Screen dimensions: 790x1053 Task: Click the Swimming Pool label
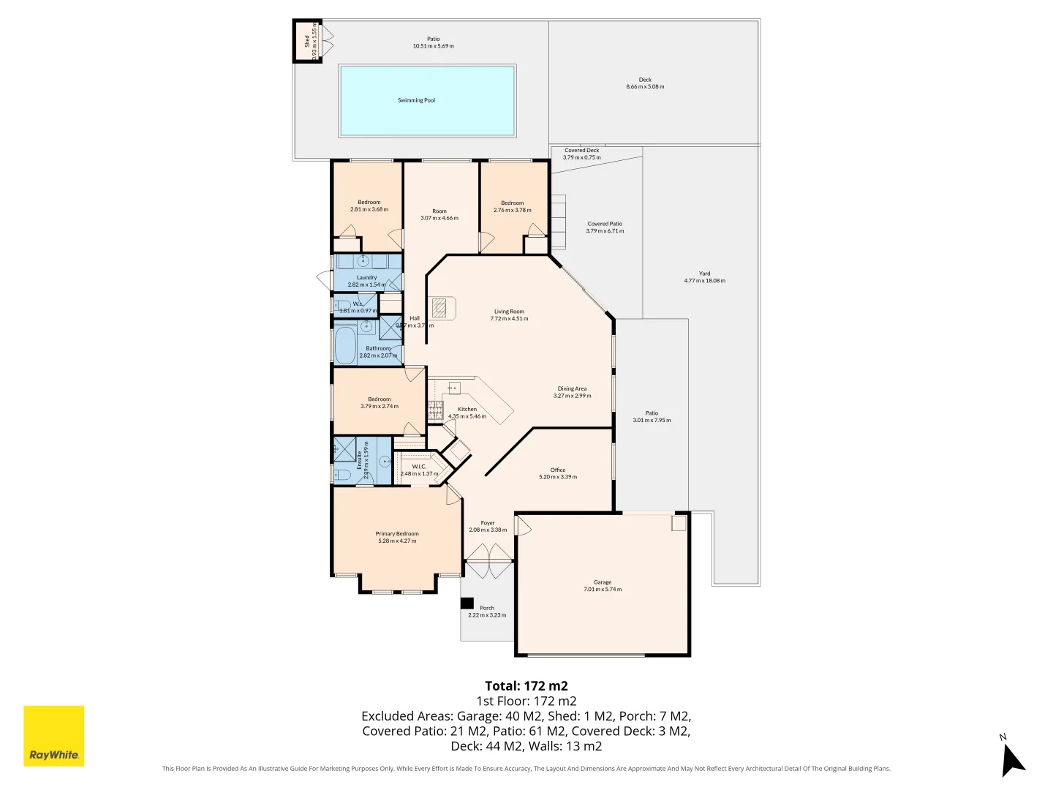click(x=416, y=100)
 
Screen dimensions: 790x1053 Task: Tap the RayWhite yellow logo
click(x=54, y=735)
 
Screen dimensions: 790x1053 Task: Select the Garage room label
click(x=603, y=582)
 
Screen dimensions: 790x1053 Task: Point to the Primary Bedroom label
click(x=397, y=534)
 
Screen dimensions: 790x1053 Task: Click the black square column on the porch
click(x=467, y=603)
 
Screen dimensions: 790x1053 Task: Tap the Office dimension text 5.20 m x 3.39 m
click(x=558, y=477)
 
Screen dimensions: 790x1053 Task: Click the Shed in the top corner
click(x=307, y=42)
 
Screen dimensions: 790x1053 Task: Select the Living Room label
click(x=509, y=312)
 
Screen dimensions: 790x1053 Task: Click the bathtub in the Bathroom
click(x=345, y=345)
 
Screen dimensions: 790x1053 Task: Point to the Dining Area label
click(x=572, y=389)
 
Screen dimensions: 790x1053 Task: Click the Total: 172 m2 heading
click(x=526, y=686)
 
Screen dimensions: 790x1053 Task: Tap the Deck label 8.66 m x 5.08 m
click(x=645, y=86)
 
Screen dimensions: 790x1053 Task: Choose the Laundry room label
click(x=366, y=278)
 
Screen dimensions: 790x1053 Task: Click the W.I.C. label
click(x=419, y=467)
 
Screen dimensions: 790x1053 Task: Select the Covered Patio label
click(x=605, y=224)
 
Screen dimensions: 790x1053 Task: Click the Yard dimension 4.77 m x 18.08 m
click(x=704, y=281)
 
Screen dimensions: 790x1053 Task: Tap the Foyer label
click(x=488, y=523)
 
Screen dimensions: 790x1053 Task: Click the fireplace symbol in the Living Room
click(x=439, y=307)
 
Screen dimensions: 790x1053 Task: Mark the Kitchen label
click(x=467, y=410)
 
